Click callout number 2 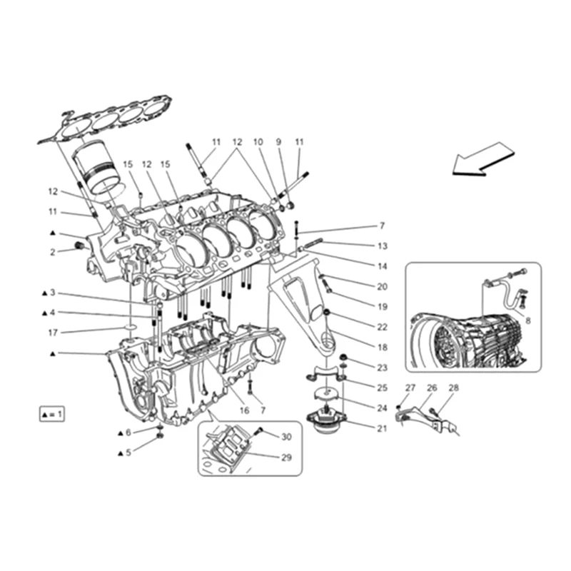[53, 251]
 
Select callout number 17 [53, 332]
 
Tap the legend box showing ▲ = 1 [52, 414]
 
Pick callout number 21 [381, 428]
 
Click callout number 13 [383, 246]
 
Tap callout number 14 [383, 266]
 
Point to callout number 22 [383, 327]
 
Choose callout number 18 [383, 347]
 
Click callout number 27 [410, 388]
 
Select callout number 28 [454, 388]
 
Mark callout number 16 [244, 410]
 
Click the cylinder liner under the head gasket [99, 168]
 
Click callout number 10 [258, 142]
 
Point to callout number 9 [278, 142]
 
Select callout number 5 [128, 453]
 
